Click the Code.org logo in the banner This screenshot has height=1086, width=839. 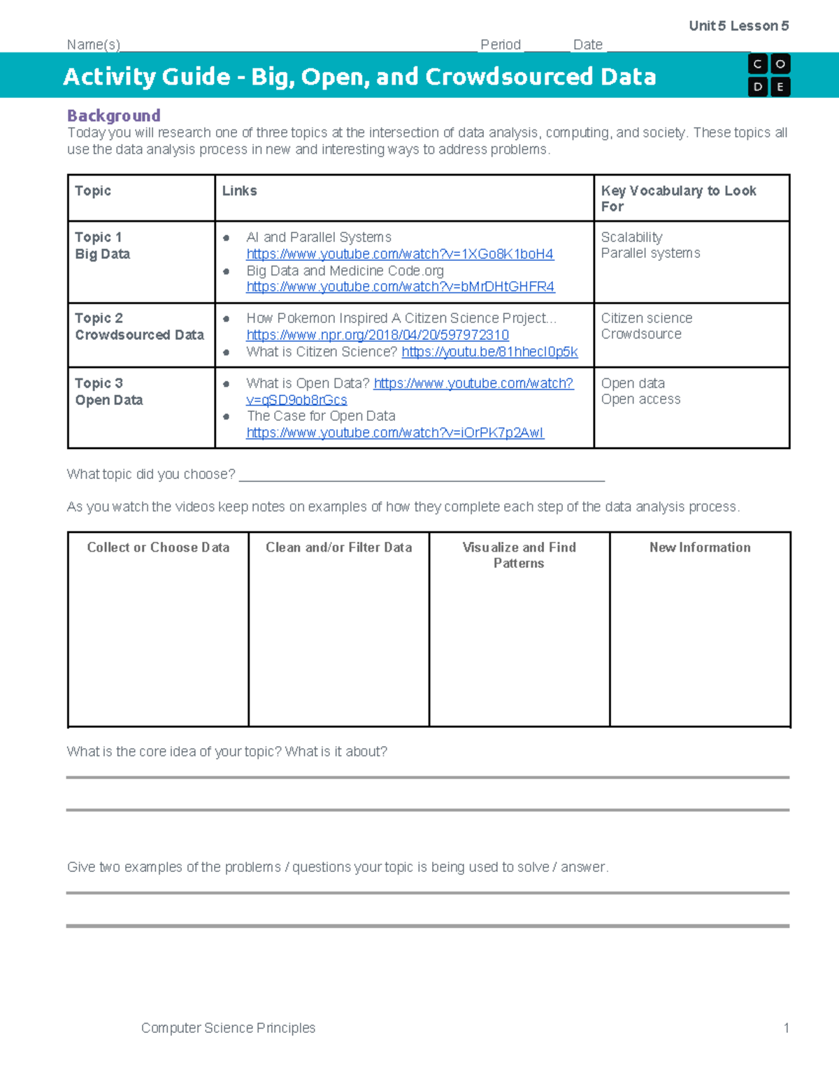tap(769, 75)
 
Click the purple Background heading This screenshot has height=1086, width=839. tap(113, 115)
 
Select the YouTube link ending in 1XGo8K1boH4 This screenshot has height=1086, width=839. tap(400, 254)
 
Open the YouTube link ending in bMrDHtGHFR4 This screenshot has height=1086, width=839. tap(400, 287)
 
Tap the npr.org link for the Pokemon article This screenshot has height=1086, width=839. tap(378, 335)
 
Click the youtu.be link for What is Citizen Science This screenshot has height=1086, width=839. tap(489, 352)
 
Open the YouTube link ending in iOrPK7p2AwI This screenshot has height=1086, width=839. tap(395, 433)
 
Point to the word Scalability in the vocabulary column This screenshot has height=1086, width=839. tap(631, 237)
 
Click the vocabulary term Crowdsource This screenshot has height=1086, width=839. tap(641, 334)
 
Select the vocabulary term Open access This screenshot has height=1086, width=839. tap(640, 399)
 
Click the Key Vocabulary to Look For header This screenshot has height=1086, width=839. tap(678, 198)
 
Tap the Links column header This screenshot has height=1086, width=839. tap(239, 191)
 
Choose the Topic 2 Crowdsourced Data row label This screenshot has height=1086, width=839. tap(139, 327)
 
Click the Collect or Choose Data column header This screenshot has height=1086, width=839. tap(158, 548)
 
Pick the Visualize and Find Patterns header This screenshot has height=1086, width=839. tap(519, 555)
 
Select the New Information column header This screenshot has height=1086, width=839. tap(700, 548)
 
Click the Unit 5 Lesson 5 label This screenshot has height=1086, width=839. tap(738, 26)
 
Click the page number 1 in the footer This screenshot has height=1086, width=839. tap(786, 1028)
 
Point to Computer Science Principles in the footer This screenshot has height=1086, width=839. tap(228, 1028)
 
